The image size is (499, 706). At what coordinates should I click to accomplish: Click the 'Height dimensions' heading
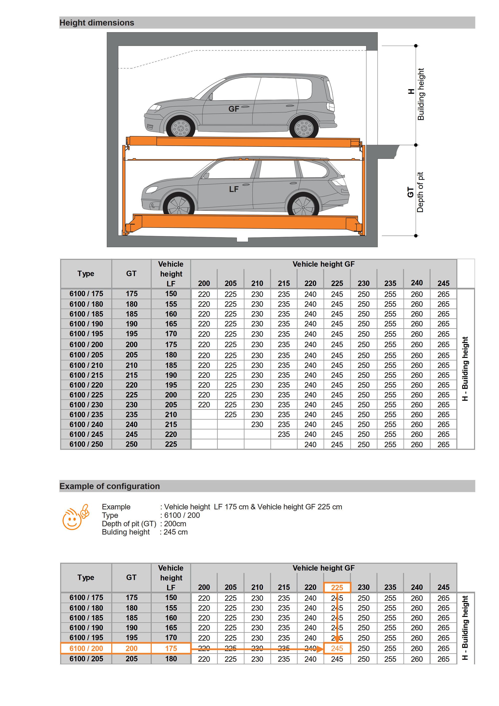click(x=97, y=23)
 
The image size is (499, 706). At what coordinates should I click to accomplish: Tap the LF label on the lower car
click(x=234, y=189)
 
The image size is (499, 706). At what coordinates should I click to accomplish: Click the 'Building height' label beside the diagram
click(x=421, y=94)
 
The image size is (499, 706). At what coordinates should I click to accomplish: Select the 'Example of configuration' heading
click(x=110, y=486)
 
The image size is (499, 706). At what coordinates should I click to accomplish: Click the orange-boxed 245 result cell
click(x=337, y=649)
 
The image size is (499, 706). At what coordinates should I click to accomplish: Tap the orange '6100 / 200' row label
click(x=86, y=649)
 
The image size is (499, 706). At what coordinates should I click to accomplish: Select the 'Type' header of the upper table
click(x=86, y=274)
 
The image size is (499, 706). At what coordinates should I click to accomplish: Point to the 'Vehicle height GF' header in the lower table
click(x=323, y=568)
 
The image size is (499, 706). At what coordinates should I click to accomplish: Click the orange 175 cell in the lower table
click(x=171, y=649)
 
